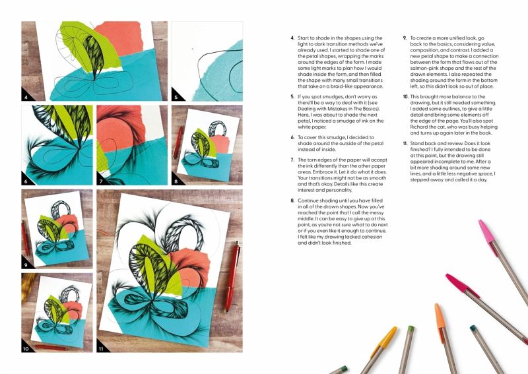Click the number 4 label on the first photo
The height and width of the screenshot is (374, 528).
(x=26, y=97)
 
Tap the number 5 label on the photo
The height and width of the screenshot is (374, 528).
(x=176, y=97)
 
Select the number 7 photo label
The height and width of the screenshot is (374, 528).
(x=101, y=181)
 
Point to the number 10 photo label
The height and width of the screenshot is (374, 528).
(x=26, y=349)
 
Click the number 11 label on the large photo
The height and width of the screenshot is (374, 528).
(x=101, y=349)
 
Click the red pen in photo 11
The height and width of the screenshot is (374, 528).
(x=232, y=276)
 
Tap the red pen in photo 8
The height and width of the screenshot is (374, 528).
(x=178, y=142)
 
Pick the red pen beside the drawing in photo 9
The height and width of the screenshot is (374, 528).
(x=25, y=238)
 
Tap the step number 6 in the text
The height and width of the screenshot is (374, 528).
(x=292, y=137)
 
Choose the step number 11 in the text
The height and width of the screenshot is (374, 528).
(x=405, y=143)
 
